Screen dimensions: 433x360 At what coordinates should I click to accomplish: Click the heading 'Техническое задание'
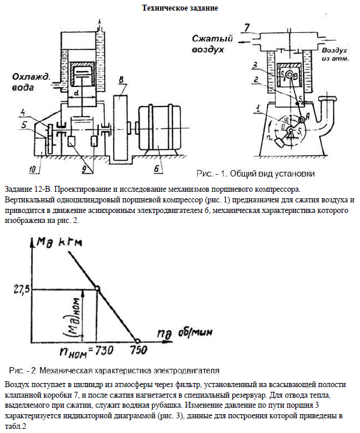[x=181, y=8]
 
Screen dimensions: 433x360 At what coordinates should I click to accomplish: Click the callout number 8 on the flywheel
[x=120, y=80]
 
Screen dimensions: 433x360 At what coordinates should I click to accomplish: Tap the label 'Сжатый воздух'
[x=212, y=44]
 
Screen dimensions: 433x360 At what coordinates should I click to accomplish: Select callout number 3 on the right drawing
[x=252, y=64]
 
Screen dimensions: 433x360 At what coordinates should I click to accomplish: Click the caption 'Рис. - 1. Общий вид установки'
[x=255, y=174]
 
